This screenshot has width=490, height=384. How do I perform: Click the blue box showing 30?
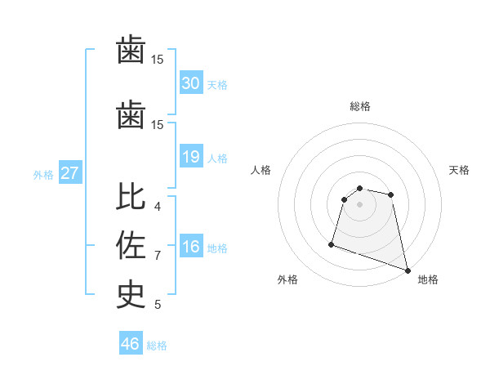190,83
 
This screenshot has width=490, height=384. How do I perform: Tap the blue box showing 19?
190,157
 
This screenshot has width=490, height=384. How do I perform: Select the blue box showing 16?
190,248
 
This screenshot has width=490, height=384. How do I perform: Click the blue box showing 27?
69,173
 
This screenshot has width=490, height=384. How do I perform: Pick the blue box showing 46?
131,344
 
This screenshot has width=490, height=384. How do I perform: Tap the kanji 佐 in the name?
131,246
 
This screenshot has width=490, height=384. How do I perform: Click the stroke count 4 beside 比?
158,206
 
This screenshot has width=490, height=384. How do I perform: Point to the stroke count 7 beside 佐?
158,256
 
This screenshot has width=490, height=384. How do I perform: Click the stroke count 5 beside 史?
158,305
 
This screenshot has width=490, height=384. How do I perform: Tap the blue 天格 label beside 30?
216,85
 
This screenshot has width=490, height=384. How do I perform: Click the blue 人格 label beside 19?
216,158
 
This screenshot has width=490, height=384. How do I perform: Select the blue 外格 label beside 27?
43,174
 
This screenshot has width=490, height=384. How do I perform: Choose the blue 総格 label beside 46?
157,346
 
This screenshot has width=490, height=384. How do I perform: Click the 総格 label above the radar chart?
359,106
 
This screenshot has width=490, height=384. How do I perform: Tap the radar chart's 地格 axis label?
428,279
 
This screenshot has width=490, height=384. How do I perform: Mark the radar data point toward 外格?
332,243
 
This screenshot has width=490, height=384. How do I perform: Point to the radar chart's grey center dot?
359,215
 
